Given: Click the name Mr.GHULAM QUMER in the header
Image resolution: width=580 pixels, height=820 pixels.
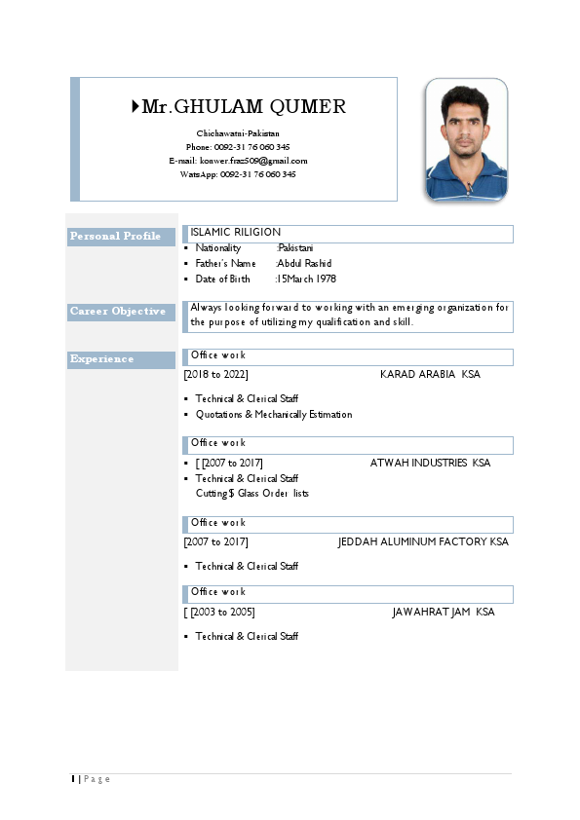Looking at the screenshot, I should coord(244,107).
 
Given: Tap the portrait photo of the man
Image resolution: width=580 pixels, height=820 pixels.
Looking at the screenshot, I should coord(466,139).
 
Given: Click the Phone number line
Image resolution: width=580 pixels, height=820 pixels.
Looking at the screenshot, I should coord(238,147).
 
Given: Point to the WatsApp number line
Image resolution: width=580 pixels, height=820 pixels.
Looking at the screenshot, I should coord(238,174).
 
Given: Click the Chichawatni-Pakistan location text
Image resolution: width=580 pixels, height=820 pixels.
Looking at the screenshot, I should coord(238,133).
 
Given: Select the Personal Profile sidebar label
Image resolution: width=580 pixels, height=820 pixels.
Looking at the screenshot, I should coord(115,237).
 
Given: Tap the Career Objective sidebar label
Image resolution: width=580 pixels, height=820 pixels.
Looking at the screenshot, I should coord(118,312).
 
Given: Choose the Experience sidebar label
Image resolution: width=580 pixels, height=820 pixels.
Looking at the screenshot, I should coord(102,359).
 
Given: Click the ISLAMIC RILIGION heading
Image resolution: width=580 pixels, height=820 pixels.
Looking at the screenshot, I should coord(236,233).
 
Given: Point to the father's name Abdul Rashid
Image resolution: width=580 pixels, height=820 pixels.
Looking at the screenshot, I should coord(305,264).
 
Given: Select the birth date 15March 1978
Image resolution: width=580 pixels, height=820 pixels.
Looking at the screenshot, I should coord(307,280).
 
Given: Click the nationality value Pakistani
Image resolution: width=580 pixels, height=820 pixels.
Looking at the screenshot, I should coord(296,248).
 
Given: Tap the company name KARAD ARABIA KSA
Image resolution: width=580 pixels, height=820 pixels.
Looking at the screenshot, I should coord(430,375).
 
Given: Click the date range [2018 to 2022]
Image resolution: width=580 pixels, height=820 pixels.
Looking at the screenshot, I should coord(216,375).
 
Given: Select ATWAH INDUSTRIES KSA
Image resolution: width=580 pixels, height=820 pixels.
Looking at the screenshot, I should coord(430,464).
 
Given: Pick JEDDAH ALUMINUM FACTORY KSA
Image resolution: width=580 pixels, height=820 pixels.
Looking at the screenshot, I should coord(423,542).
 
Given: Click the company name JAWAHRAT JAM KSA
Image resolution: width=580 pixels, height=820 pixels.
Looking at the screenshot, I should coord(443,613).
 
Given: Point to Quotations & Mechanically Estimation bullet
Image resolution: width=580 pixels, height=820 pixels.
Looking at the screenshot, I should coord(274,415).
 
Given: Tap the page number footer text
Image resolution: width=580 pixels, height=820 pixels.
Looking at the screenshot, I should coord(92,779).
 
